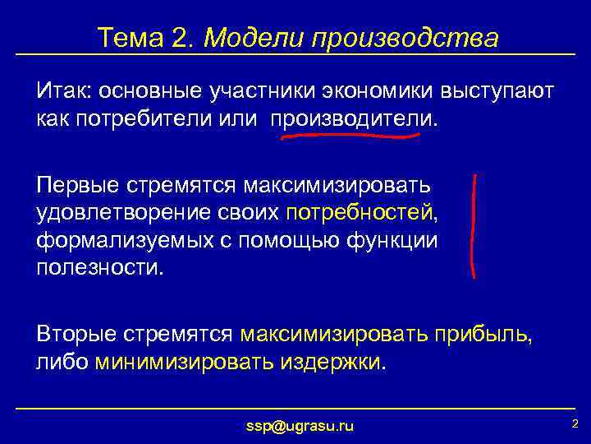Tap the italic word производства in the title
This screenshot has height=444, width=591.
403,38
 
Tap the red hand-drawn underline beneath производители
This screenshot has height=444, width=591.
350,136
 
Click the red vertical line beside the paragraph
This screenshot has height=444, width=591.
474,224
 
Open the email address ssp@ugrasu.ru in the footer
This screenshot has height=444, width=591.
300,425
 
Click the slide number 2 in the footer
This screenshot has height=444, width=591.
575,423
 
